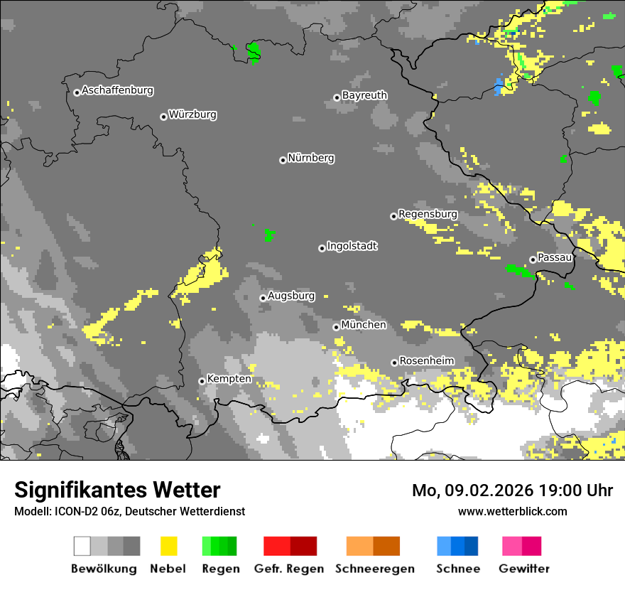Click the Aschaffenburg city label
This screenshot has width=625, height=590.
coord(117,91)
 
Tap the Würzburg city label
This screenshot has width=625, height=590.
coord(192,114)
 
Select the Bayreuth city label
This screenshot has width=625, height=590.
coord(364,95)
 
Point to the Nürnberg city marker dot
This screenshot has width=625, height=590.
coord(283,160)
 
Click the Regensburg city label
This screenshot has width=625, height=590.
coord(428,214)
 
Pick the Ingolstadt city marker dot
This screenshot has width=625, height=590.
coord(322,248)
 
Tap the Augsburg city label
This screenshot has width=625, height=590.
coord(291,296)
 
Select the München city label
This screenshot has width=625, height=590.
coord(364,325)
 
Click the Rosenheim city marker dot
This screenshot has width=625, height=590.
coord(394,363)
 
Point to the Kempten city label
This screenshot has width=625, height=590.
coord(229,379)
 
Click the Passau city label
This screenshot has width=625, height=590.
coord(555,257)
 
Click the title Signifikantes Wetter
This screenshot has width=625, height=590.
coord(117,490)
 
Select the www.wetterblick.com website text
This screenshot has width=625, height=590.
coord(512,511)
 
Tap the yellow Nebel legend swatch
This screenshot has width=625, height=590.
coord(168,546)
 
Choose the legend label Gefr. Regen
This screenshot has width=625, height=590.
coord(289,569)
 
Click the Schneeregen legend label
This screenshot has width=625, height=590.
coord(375,569)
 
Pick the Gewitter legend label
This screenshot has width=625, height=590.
coord(523,569)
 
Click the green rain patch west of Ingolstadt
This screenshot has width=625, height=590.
coord(269,234)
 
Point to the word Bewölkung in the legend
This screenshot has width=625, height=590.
coord(104,569)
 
